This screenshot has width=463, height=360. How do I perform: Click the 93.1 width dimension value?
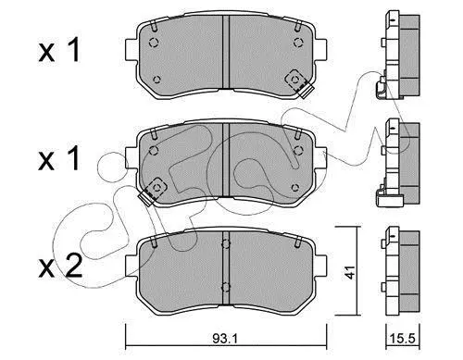tap(225, 340)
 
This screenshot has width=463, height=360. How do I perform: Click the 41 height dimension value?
tap(350, 272)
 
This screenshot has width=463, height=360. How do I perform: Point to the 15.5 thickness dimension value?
tap(403, 340)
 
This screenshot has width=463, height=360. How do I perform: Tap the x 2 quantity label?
tap(60, 267)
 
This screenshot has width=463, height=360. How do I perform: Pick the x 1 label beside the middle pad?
tap(59, 158)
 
